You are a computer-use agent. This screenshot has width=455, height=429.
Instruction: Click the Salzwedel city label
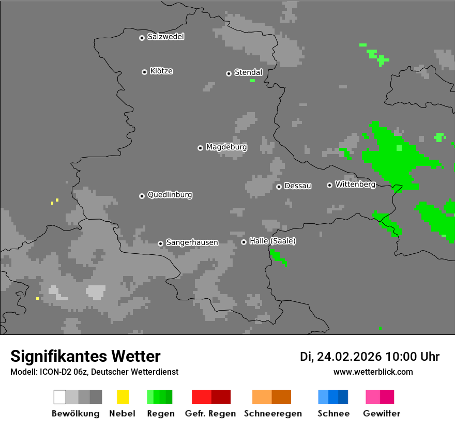pyautogui.click(x=165, y=37)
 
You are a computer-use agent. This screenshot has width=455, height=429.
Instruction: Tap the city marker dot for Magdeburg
pyautogui.click(x=200, y=148)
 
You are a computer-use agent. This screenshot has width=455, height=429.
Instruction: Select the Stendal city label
pyautogui.click(x=248, y=72)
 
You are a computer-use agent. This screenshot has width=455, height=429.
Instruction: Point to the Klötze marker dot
pyautogui.click(x=144, y=72)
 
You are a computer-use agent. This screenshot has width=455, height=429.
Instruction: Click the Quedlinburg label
pyautogui.click(x=170, y=195)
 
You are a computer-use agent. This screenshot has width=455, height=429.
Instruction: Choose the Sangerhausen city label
pyautogui.click(x=192, y=242)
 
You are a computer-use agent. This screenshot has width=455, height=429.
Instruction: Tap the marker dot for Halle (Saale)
pyautogui.click(x=244, y=242)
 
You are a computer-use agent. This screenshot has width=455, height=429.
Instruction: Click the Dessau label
pyautogui.click(x=298, y=186)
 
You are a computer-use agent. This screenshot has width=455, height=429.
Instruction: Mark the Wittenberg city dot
pyautogui.click(x=329, y=185)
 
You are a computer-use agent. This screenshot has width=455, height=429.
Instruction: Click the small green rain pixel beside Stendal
pyautogui.click(x=252, y=81)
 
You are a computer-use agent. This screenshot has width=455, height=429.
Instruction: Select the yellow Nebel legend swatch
pyautogui.click(x=123, y=397)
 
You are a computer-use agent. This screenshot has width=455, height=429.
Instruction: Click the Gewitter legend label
pyautogui.click(x=382, y=413)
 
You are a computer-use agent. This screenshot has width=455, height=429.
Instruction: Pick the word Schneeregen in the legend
pyautogui.click(x=272, y=413)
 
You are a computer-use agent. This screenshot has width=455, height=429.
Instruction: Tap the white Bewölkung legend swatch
pyautogui.click(x=60, y=397)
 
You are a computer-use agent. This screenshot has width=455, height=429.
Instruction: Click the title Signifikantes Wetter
pyautogui.click(x=85, y=357)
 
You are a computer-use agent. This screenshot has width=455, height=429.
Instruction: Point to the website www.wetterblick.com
pyautogui.click(x=373, y=372)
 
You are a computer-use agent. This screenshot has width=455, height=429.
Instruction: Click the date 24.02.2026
pyautogui.click(x=349, y=357)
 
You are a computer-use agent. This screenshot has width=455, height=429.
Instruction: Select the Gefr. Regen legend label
pyautogui.click(x=210, y=413)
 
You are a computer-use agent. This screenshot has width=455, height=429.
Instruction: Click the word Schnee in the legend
pyautogui.click(x=333, y=413)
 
